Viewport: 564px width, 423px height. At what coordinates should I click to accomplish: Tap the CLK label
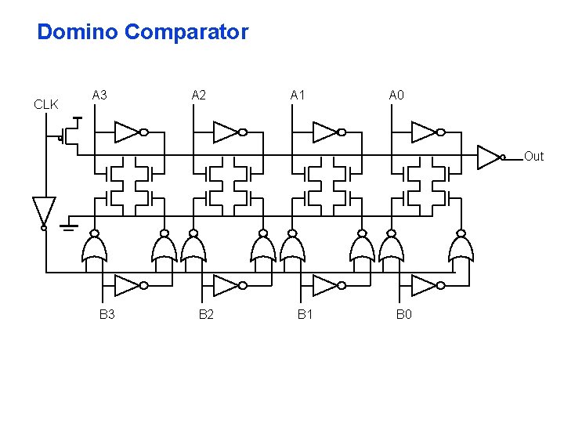(45, 104)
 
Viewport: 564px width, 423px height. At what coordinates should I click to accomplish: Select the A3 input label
(99, 96)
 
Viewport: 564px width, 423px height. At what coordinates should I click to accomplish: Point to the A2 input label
(199, 96)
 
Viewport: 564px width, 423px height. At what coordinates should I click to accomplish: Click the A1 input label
(298, 96)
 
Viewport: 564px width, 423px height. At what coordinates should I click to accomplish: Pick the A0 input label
(396, 96)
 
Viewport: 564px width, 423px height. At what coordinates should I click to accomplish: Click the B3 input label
(107, 315)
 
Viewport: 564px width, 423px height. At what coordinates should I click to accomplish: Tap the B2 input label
(206, 315)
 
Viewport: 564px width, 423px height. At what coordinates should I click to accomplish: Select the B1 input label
(305, 315)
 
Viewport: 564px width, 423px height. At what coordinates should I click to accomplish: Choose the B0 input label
(403, 315)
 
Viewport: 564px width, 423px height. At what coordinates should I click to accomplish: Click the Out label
(533, 157)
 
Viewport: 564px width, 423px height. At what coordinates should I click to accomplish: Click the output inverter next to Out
(489, 157)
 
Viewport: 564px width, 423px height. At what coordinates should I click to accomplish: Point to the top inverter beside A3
(128, 132)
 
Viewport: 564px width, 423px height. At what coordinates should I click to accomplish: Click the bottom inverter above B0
(424, 285)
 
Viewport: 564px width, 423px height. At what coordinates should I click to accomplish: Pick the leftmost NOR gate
(94, 248)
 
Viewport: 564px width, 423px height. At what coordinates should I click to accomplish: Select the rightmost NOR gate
(461, 248)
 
